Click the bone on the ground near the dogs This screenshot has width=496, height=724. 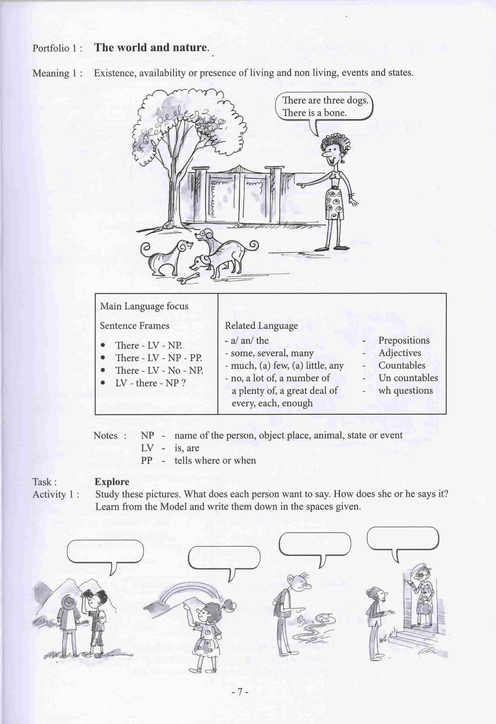[189, 278]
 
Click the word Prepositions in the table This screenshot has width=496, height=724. [404, 340]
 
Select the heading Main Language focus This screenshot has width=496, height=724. [144, 306]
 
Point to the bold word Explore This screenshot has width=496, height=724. [112, 482]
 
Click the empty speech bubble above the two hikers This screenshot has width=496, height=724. [105, 552]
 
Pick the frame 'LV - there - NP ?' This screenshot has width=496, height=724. [150, 383]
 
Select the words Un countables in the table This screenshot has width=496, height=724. [408, 378]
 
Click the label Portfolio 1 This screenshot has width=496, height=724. [58, 48]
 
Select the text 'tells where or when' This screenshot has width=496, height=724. [215, 461]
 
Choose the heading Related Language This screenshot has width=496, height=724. [261, 326]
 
